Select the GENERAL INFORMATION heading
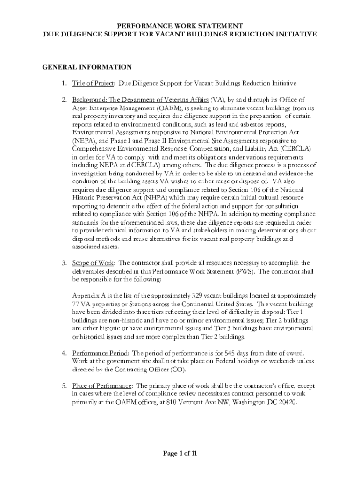point(87,67)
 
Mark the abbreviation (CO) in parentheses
point(178,370)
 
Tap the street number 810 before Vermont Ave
point(164,402)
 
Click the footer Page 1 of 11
point(180,453)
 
